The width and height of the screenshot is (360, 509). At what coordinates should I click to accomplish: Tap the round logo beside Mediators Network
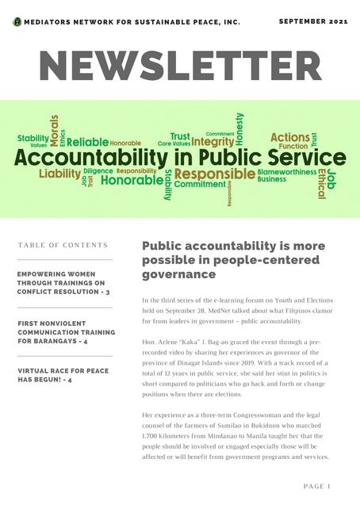point(17,22)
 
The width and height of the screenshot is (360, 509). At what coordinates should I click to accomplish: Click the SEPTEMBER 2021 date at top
point(314,21)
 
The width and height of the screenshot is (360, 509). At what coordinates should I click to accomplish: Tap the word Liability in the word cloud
point(59,173)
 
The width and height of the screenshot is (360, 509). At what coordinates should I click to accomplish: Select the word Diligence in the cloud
point(98,170)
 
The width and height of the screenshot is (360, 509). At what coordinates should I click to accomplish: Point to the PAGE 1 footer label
point(317,485)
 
